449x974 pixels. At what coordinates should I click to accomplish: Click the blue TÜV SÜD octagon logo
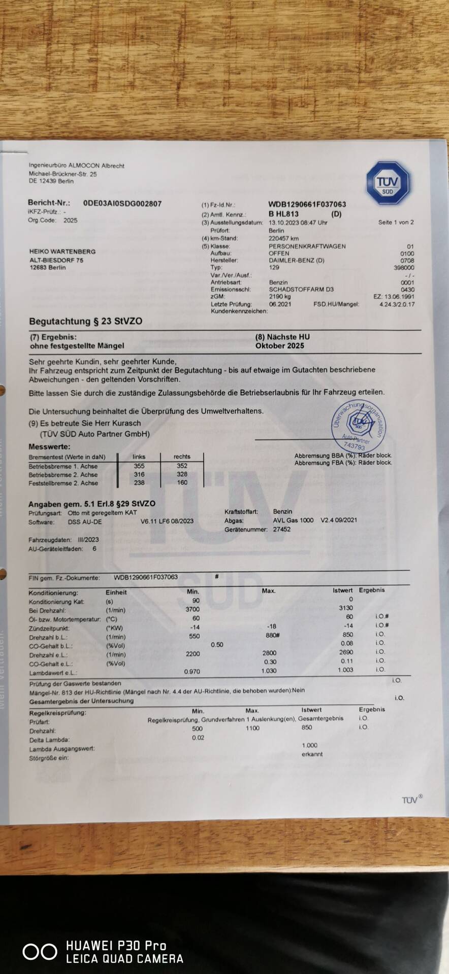tap(388, 183)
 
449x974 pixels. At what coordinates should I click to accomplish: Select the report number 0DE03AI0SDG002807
tap(122, 203)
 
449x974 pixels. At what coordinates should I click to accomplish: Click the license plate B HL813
tap(283, 214)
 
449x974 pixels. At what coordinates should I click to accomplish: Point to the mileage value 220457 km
tap(283, 238)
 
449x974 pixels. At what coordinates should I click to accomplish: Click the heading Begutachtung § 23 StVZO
tap(85, 321)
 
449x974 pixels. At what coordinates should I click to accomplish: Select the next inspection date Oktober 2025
tap(279, 345)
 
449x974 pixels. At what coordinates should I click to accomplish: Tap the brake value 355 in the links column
tap(139, 466)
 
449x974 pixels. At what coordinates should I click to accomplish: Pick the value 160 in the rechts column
tap(182, 482)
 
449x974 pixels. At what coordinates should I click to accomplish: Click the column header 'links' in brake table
tap(139, 457)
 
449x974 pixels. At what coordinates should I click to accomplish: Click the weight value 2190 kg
tap(280, 296)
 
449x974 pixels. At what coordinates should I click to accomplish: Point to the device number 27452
tap(282, 529)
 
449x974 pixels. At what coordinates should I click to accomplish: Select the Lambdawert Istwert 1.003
tap(345, 670)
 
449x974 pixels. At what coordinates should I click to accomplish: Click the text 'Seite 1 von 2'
tap(396, 222)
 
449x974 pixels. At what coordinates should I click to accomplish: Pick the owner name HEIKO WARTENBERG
tap(62, 252)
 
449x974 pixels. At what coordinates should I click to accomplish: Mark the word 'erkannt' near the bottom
tap(312, 754)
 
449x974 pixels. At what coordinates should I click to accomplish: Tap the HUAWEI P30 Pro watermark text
tap(116, 946)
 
